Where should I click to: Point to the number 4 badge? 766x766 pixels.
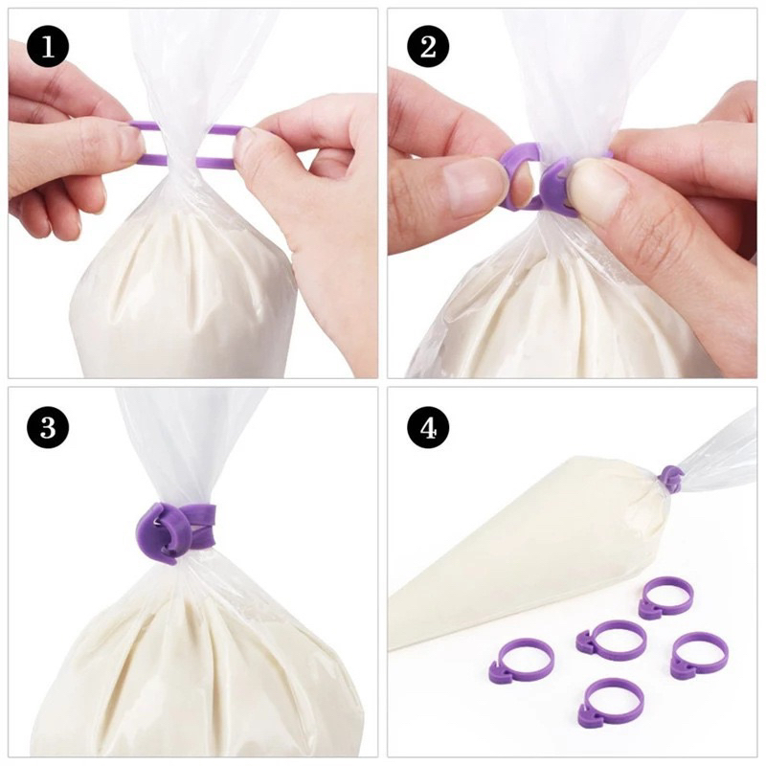coord(428,428)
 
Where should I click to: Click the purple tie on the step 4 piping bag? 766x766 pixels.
coord(672,478)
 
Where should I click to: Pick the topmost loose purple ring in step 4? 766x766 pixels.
coord(665,597)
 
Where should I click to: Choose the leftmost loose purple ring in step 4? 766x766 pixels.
coord(522,661)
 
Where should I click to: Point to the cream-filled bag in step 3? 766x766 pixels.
coord(191,661)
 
